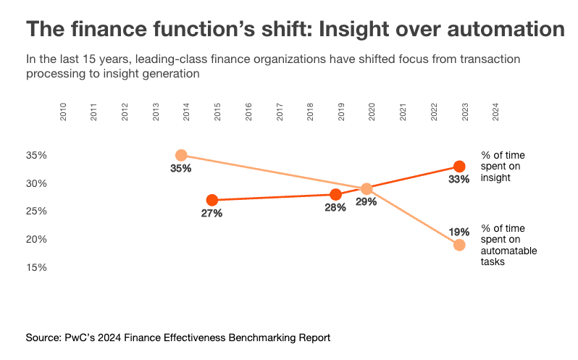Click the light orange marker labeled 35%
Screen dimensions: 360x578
[181, 155]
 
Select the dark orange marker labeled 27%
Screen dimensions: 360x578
[211, 200]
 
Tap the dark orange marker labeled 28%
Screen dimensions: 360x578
[335, 194]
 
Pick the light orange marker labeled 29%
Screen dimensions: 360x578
[367, 189]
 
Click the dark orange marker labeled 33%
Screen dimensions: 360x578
[458, 167]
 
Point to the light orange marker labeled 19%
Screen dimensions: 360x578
[458, 245]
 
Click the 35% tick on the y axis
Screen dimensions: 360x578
[38, 156]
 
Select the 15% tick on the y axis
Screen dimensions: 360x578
[38, 267]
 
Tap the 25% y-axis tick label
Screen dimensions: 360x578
[38, 212]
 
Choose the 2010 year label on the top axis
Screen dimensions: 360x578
[64, 112]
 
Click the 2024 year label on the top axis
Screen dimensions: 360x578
[496, 112]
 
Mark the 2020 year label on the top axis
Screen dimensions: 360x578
[372, 112]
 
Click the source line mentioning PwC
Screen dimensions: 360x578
[178, 338]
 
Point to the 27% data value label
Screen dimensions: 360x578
[211, 214]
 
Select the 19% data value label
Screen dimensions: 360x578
[458, 232]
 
